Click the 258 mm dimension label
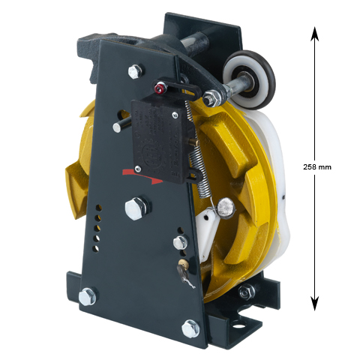click(x=317, y=167)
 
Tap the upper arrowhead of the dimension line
click(x=315, y=34)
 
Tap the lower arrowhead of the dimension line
click(x=315, y=303)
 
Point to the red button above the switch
click(x=158, y=88)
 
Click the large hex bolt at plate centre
click(x=136, y=208)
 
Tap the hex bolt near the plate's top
click(x=135, y=71)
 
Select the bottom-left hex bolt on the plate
click(x=87, y=296)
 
